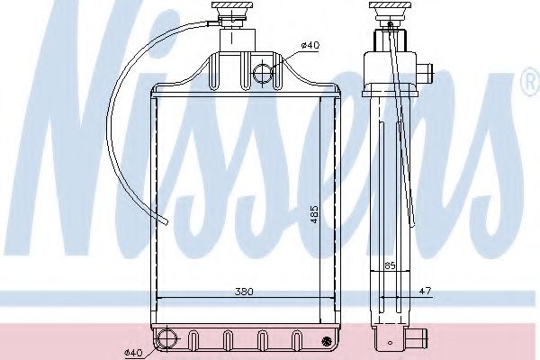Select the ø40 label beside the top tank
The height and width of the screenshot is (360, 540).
(309, 45)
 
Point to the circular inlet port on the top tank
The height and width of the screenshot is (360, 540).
(262, 72)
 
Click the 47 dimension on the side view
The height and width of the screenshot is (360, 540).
(426, 291)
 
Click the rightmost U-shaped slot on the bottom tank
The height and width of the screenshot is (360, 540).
(295, 340)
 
